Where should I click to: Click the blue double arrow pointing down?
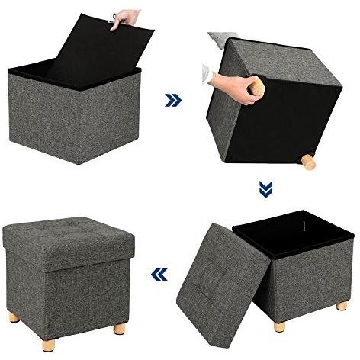[265, 188]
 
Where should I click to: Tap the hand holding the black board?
[125, 19]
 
